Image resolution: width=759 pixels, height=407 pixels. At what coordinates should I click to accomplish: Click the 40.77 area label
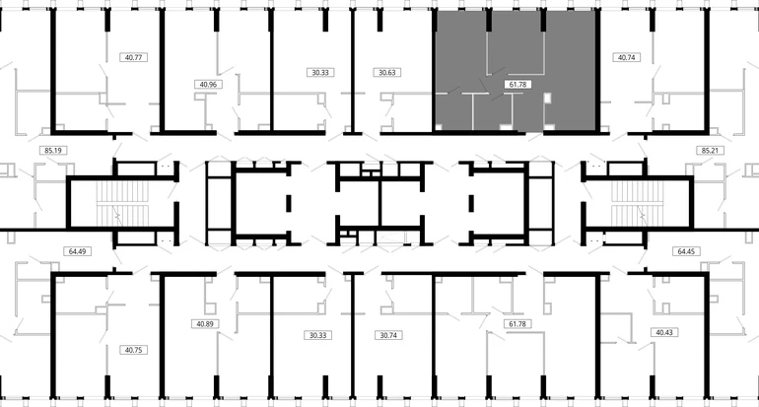[133, 57]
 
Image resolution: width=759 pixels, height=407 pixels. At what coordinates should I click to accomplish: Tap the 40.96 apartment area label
[208, 84]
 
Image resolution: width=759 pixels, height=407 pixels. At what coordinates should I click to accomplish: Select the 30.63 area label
[387, 73]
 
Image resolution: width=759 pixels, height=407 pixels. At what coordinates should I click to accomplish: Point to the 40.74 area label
[626, 57]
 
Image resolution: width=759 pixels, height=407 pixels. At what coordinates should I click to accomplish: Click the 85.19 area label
[53, 151]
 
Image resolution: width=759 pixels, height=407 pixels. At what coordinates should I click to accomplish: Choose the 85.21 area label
[710, 151]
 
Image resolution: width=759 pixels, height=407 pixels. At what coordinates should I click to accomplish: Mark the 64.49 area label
[78, 251]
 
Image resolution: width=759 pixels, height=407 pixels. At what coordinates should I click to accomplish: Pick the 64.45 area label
[686, 251]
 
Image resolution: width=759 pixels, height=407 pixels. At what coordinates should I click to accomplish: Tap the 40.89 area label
[205, 324]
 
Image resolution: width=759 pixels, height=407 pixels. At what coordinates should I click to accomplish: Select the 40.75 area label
[133, 350]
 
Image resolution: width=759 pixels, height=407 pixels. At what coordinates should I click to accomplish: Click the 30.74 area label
[388, 335]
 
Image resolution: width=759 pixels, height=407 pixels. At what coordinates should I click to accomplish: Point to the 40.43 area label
[664, 332]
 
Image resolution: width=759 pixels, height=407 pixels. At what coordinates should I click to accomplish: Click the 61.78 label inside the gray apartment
[517, 84]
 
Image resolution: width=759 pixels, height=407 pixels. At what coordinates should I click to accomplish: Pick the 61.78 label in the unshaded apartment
[517, 324]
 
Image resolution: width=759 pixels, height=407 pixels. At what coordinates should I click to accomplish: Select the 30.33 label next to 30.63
[320, 73]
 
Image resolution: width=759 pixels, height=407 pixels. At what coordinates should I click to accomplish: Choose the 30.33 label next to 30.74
[318, 335]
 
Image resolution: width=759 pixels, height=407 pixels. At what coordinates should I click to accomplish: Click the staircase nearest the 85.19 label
[116, 204]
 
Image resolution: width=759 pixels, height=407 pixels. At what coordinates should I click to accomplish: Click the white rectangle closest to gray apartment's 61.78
[547, 98]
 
